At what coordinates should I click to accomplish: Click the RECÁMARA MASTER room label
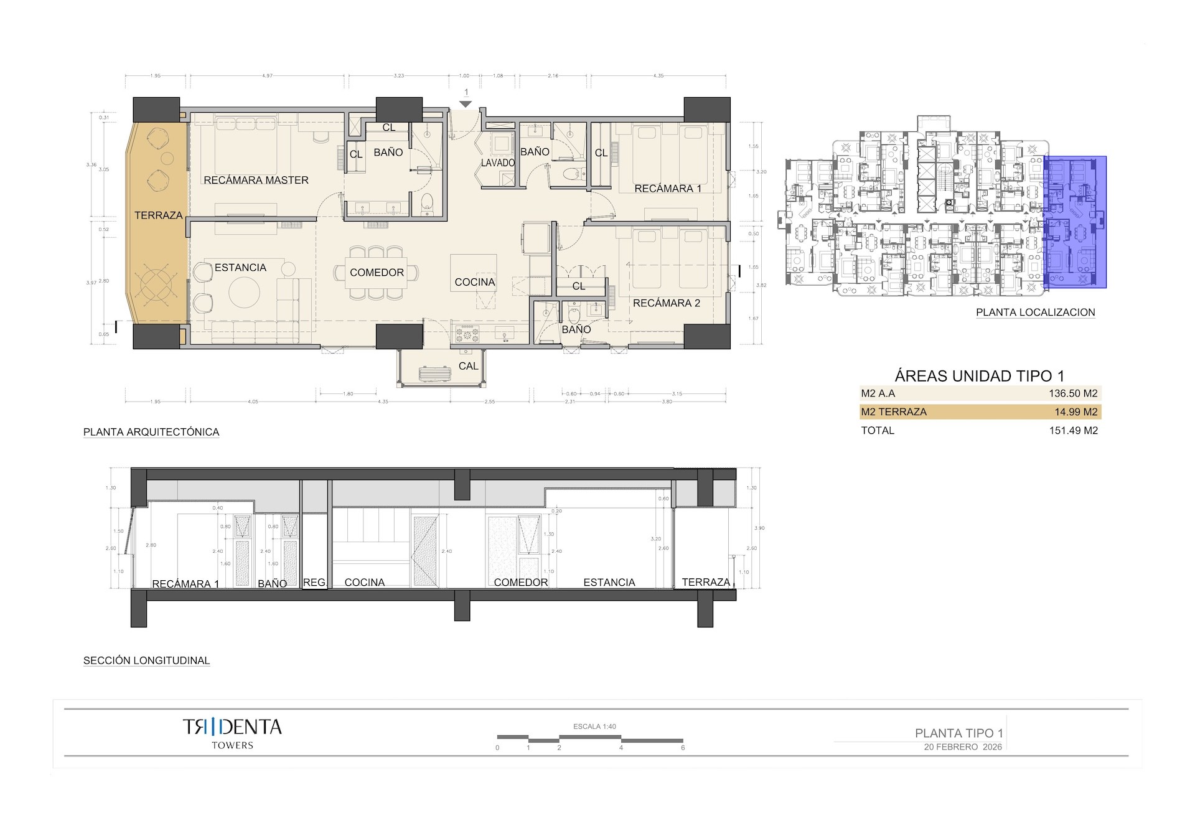tap(256, 181)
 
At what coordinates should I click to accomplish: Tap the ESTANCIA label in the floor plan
tap(240, 268)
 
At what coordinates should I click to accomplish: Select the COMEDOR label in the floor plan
tap(377, 273)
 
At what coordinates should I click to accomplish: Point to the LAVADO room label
tap(498, 163)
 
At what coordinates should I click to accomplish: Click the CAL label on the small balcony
tap(468, 366)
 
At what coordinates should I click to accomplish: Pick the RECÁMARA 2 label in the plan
tap(666, 303)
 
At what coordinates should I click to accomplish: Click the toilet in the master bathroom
tap(427, 201)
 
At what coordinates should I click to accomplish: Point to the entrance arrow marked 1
tap(466, 103)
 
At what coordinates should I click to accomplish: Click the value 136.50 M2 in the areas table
tap(1073, 393)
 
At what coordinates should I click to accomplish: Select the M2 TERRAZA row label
tap(894, 412)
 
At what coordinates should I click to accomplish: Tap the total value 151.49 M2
tap(1073, 431)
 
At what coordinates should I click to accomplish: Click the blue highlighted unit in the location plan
tap(1074, 222)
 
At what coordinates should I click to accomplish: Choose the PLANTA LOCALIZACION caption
tap(1035, 313)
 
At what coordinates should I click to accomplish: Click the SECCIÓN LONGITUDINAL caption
tap(146, 661)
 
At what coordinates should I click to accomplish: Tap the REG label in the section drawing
tap(314, 583)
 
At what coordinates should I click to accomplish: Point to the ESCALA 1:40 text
tap(594, 726)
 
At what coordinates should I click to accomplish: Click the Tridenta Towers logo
tap(232, 733)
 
